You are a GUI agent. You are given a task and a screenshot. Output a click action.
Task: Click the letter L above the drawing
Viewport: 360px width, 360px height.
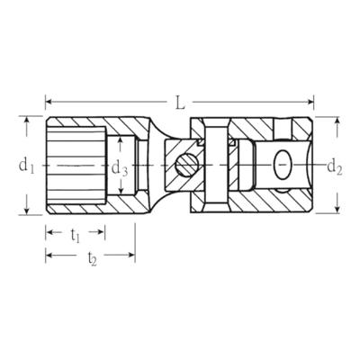tap(180, 102)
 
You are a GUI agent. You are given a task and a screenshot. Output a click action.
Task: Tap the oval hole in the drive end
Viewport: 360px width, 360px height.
tap(283, 165)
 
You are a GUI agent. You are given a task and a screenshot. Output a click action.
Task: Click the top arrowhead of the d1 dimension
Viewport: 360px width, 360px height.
tap(29, 121)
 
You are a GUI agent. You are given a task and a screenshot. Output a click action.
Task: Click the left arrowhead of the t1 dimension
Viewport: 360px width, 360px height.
tap(49, 231)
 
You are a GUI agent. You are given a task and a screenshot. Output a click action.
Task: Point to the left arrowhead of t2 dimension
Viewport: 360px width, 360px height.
tap(49, 256)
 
